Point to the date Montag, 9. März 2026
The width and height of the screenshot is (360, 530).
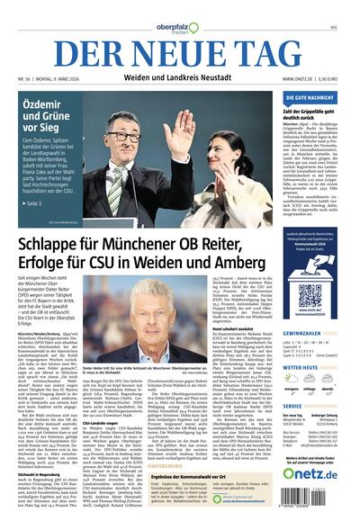click(x=61, y=79)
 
